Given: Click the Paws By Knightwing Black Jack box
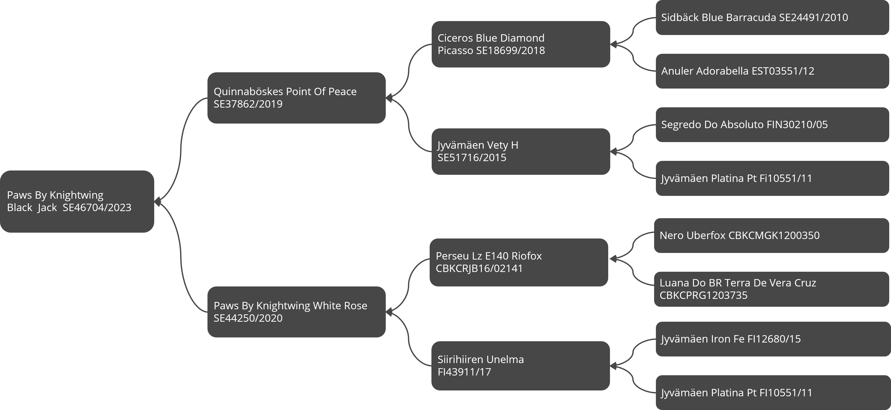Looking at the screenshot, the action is tap(77, 201).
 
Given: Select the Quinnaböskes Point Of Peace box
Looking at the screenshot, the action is tap(296, 98).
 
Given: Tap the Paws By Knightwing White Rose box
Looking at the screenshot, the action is tap(296, 312).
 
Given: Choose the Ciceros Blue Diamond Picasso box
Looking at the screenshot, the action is tap(520, 44).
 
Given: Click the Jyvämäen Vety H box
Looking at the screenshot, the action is tap(520, 151).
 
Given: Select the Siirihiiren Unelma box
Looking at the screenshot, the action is tap(520, 366).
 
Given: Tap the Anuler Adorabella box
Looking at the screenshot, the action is tap(772, 71).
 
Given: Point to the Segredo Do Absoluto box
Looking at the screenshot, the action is tap(772, 125).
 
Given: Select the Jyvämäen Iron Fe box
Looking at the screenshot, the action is tap(773, 339).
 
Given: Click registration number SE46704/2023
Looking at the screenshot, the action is tap(97, 208).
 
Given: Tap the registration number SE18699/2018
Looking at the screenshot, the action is tap(511, 50).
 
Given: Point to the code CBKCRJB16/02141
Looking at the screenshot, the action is tap(479, 268).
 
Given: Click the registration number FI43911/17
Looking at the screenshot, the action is tap(464, 372).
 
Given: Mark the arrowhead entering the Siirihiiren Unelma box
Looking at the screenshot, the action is tap(613, 366).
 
